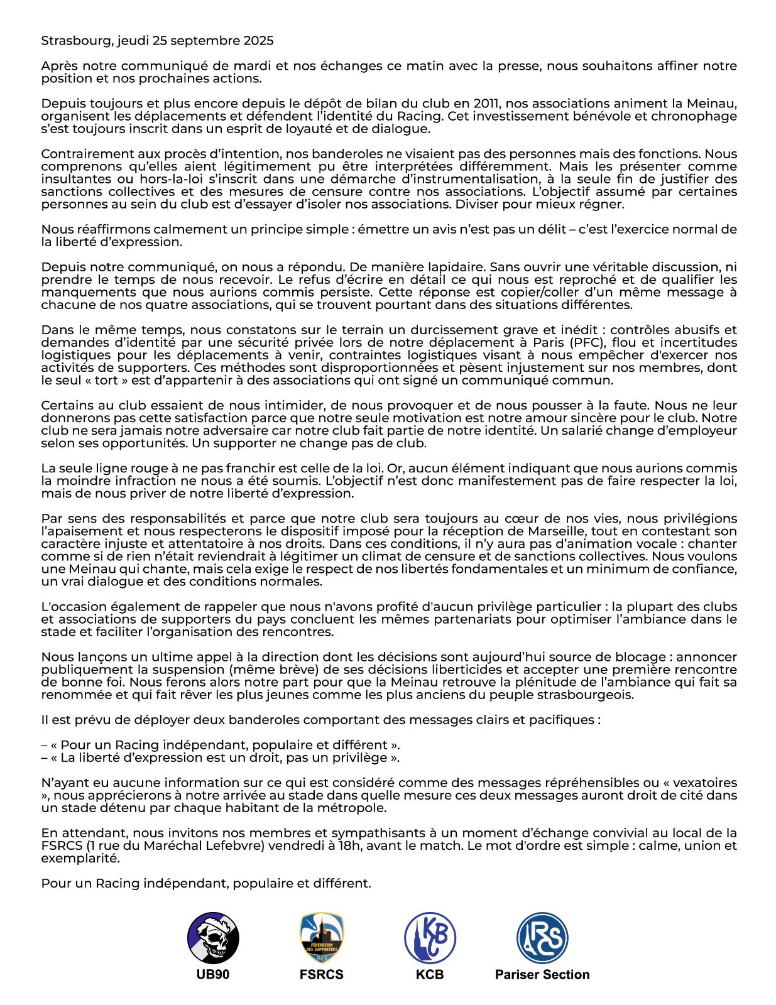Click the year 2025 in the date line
click(x=260, y=41)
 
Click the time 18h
click(x=353, y=845)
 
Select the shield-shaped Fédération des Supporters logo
click(x=321, y=938)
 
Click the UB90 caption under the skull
click(x=213, y=975)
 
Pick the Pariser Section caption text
click(x=542, y=975)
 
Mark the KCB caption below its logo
click(x=430, y=975)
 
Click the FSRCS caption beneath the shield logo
click(x=321, y=975)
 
